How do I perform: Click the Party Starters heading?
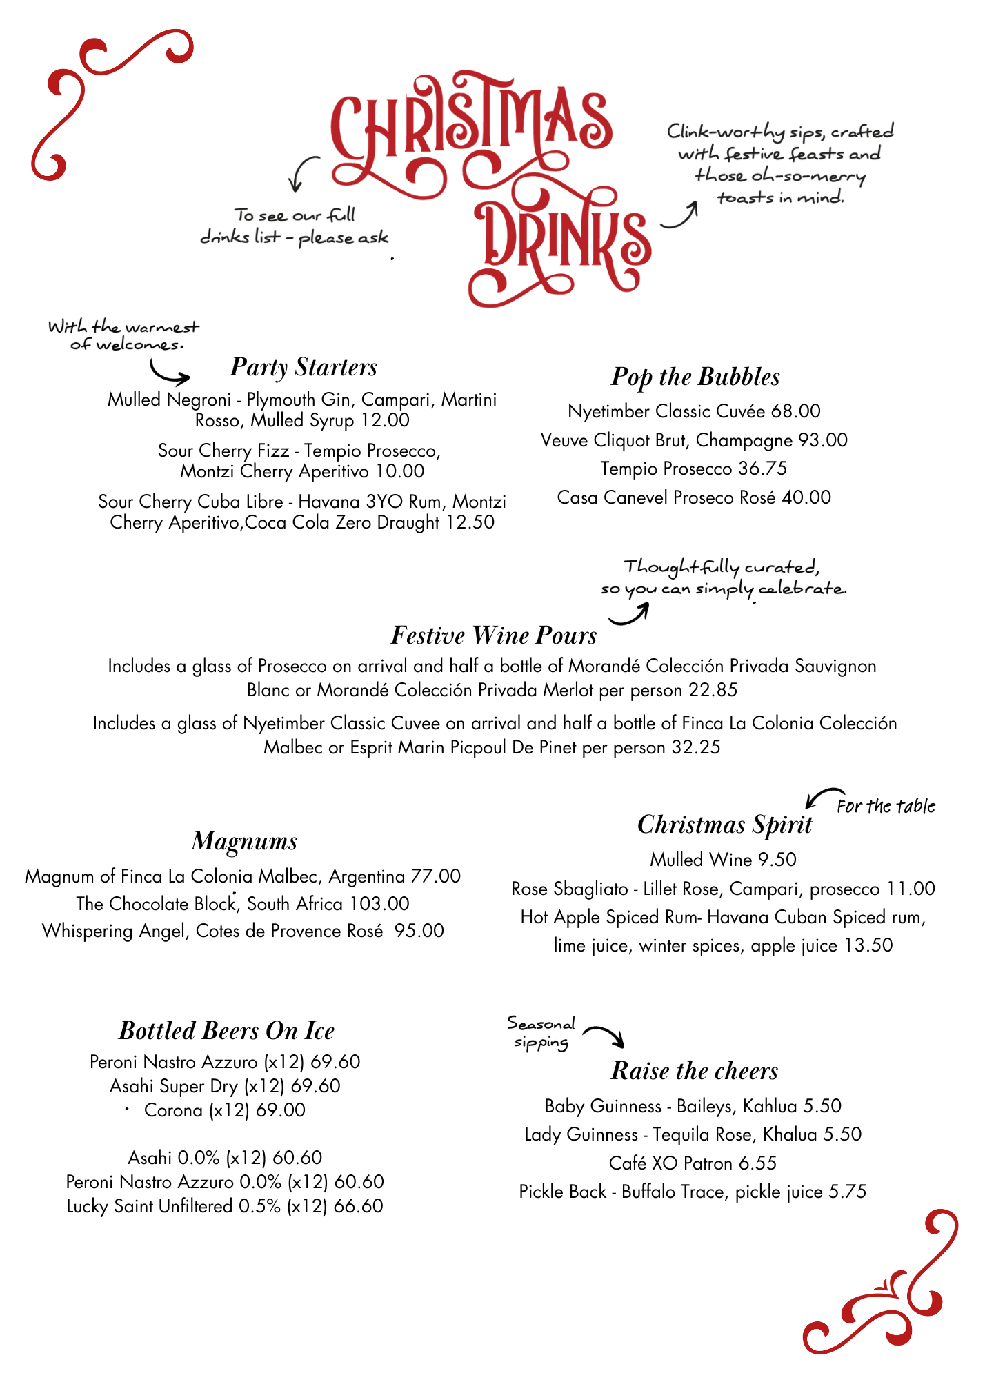[x=304, y=367]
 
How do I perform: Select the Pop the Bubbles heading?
[x=695, y=377]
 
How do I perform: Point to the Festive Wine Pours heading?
[x=493, y=635]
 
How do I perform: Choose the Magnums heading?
[x=244, y=841]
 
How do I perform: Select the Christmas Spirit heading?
[x=724, y=825]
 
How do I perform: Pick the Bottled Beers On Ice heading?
[x=226, y=1031]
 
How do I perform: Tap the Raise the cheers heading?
[x=694, y=1071]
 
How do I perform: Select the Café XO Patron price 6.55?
[x=757, y=1163]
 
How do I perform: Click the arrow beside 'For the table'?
[x=821, y=798]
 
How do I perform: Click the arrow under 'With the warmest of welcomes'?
[x=170, y=375]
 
